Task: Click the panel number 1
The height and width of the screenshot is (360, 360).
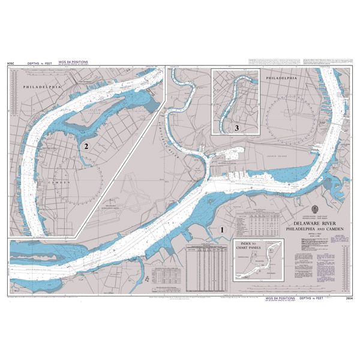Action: click(x=223, y=229)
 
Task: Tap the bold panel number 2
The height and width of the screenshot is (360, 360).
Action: click(x=86, y=146)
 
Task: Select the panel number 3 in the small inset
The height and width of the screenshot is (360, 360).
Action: click(x=237, y=128)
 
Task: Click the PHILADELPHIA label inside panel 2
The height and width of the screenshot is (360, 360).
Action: click(x=42, y=88)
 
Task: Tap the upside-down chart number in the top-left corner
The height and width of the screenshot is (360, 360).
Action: click(x=10, y=62)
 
